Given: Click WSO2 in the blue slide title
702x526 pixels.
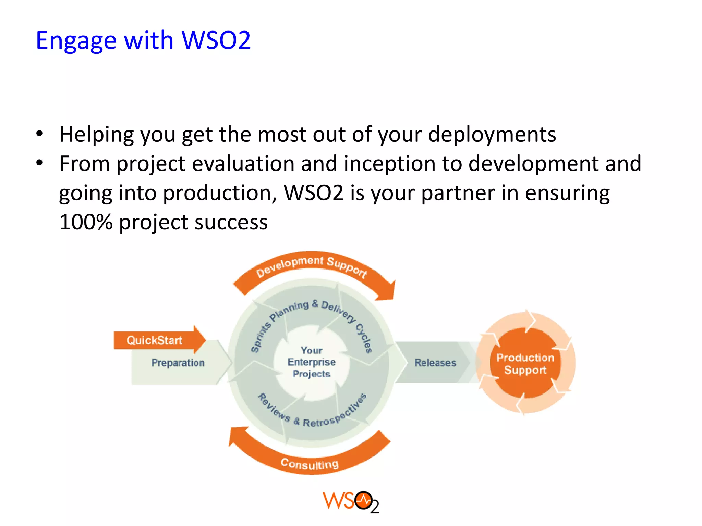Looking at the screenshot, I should (x=216, y=40).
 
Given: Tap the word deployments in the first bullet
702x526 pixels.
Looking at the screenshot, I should (x=492, y=134).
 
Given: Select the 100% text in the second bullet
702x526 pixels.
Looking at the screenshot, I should (x=86, y=222).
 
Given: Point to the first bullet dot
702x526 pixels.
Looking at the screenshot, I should (x=40, y=134).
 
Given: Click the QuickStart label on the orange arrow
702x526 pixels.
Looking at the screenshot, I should (x=154, y=340).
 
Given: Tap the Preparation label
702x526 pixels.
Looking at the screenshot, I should (x=178, y=363).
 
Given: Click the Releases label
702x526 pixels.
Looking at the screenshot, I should (x=435, y=363).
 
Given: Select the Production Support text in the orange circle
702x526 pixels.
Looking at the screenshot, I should (x=525, y=364).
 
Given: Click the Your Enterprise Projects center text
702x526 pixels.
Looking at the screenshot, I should (x=311, y=362).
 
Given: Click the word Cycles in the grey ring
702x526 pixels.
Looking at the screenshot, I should (x=363, y=338).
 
